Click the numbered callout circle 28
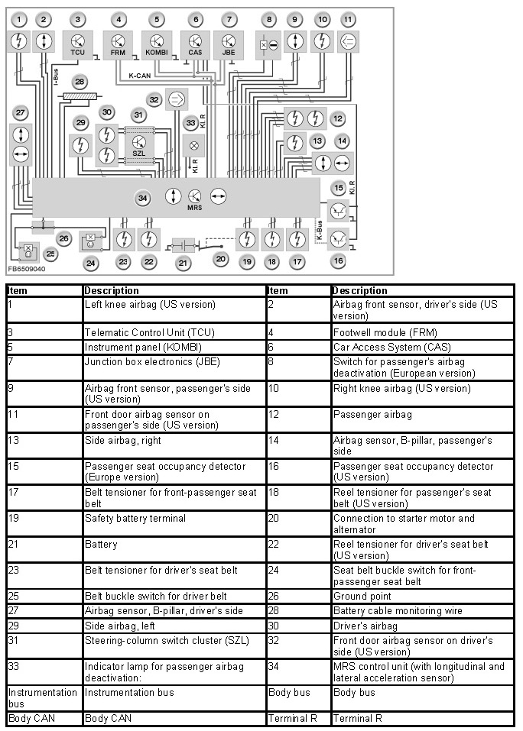coord(80,81)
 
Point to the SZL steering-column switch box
coord(138,143)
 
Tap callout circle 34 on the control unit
coord(142,198)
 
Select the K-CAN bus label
coord(139,76)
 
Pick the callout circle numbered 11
coord(348,18)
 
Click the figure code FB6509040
coord(27,270)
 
